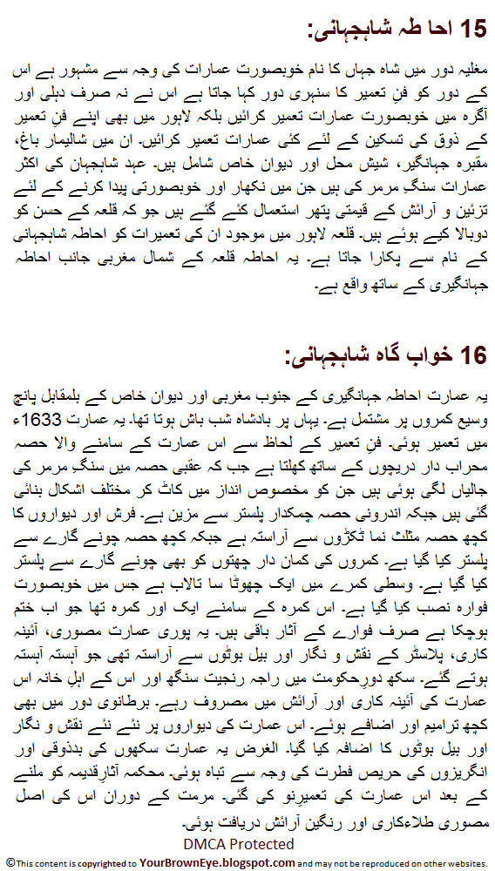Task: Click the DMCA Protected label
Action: coord(239,843)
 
